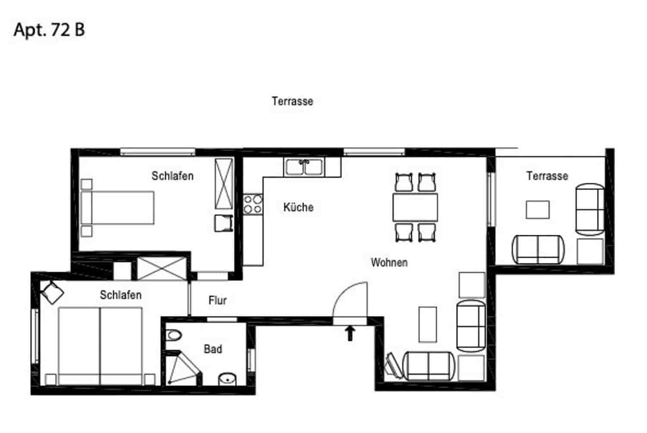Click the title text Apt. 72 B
49,30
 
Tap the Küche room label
298,207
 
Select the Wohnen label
389,262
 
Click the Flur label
217,300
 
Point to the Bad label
213,349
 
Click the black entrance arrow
350,333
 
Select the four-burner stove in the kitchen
253,204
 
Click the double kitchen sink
304,167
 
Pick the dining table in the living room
415,208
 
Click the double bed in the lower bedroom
100,346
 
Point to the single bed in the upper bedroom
117,208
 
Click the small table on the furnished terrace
537,210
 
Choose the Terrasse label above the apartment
292,101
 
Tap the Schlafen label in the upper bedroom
172,176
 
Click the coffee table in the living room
427,324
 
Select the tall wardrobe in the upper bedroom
224,184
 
